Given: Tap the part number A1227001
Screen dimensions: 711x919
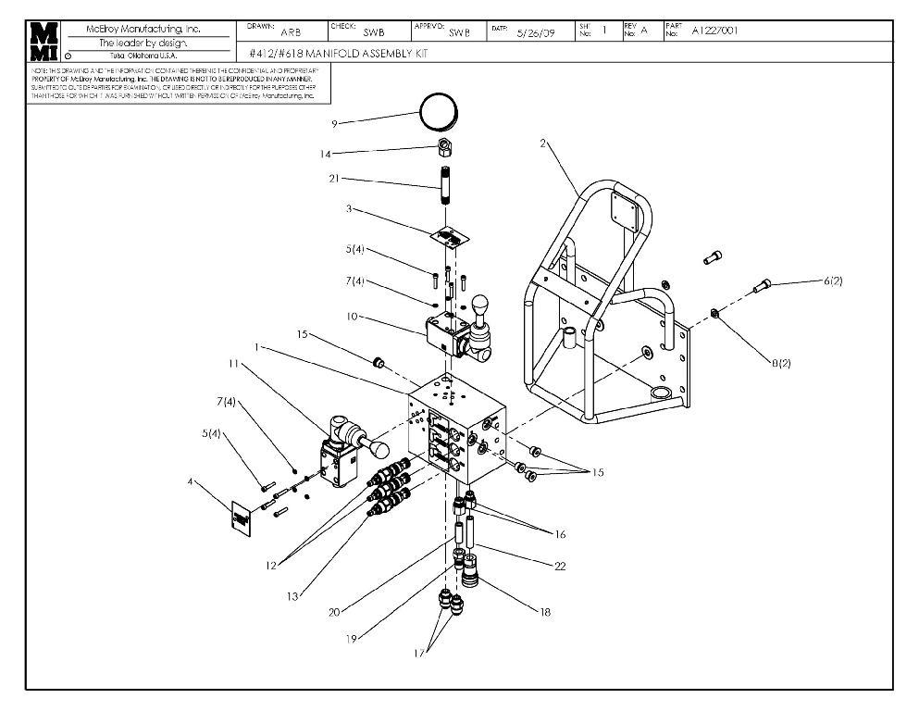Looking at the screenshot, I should click(714, 31).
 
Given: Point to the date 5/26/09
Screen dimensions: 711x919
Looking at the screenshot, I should click(535, 32).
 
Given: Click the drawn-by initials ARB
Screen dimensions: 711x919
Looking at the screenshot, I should click(265, 32).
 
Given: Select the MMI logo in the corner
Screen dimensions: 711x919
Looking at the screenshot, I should click(43, 42).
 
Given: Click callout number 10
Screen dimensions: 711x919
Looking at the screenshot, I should click(352, 317).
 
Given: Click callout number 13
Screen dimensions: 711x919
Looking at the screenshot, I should click(292, 597).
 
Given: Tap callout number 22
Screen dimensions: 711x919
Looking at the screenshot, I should click(559, 567).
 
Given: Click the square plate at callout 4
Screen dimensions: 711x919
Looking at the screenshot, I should click(240, 518).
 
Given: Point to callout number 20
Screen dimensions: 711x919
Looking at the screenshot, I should click(334, 612).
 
